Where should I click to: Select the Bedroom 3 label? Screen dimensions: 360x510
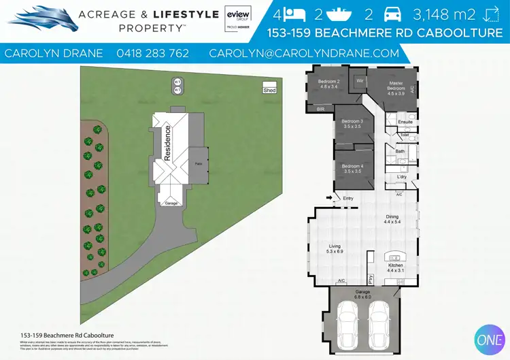[x=352, y=124]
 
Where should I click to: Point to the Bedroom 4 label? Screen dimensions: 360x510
[x=352, y=169]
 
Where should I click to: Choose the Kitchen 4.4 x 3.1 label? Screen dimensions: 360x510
[x=395, y=268]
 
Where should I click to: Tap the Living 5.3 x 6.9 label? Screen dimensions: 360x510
[x=334, y=248]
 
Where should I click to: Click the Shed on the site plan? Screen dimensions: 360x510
[x=269, y=90]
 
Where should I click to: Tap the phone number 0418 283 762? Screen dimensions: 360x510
[x=153, y=53]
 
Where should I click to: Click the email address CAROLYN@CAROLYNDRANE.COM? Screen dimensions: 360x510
[x=304, y=53]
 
